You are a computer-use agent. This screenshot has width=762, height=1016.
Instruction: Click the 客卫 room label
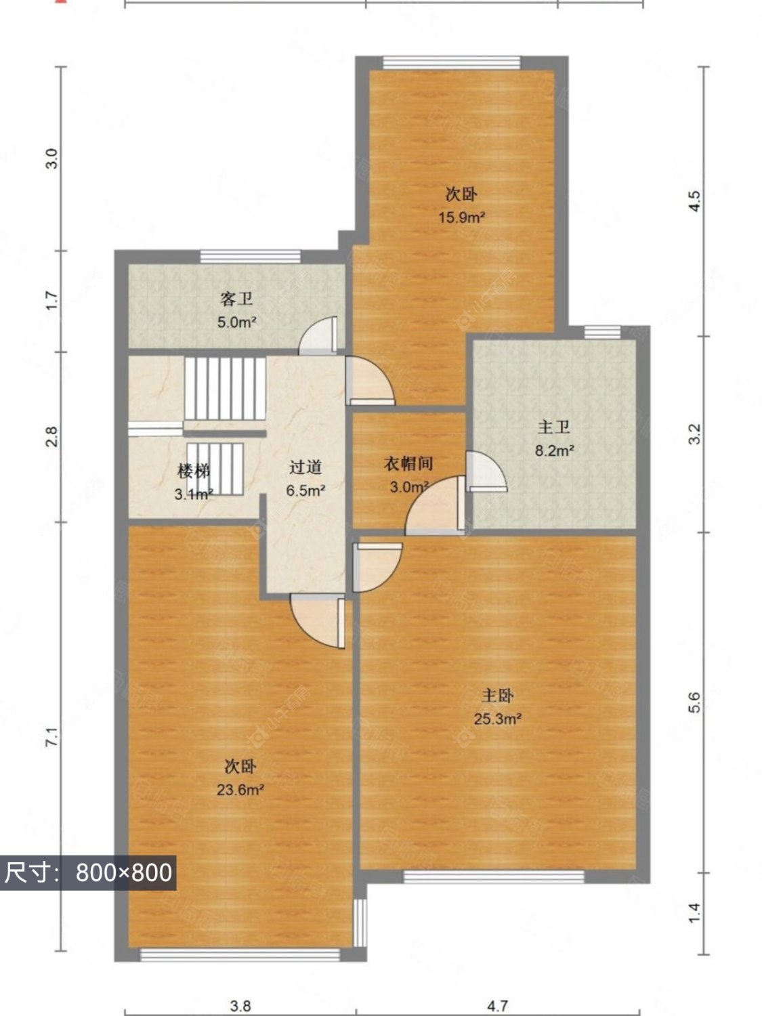236,298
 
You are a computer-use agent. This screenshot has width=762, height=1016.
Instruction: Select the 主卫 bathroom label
553,427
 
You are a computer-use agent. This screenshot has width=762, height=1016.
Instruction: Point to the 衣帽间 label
408,464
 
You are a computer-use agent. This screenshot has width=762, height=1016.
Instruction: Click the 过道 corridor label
305,467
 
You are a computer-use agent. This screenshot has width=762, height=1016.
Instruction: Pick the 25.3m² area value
497,719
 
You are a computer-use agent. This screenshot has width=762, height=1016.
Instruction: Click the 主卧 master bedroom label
497,696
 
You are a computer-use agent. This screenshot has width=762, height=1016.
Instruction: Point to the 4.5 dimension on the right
694,201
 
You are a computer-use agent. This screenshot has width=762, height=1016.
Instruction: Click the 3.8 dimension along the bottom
240,1006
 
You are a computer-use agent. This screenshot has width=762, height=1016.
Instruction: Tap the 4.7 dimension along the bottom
497,1006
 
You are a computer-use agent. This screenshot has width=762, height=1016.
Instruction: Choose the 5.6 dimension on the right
694,702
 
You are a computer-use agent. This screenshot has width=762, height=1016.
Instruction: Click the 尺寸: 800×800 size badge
88,872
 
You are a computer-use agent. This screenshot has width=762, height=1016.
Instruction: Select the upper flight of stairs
225,390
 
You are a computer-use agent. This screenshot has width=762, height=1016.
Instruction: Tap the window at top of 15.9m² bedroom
452,63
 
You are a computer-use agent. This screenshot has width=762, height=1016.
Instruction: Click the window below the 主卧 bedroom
494,877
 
